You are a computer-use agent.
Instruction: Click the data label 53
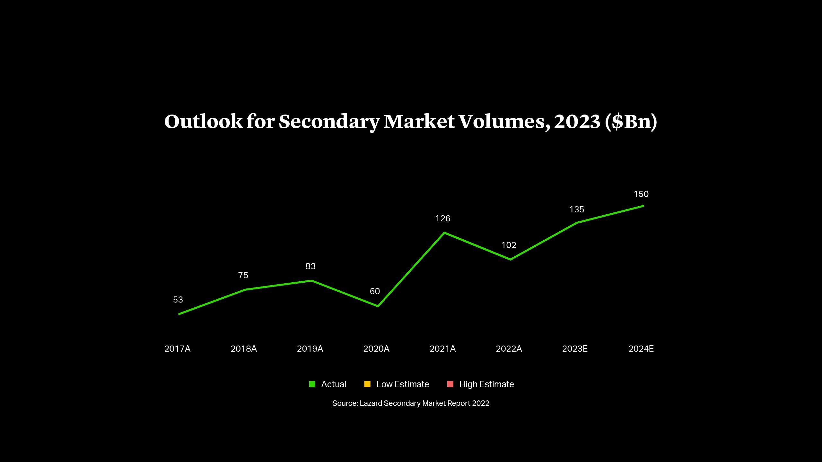[x=178, y=300]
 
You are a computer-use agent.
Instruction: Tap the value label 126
[x=442, y=218]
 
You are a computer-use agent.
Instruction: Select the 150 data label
[x=641, y=194]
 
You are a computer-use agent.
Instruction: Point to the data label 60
[x=375, y=291]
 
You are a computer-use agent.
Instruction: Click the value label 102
[x=509, y=245]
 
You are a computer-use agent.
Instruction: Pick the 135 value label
[x=576, y=210]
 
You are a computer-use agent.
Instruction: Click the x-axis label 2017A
[x=177, y=349]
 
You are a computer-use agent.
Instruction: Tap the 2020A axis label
[x=376, y=349]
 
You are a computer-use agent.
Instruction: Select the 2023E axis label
[x=575, y=349]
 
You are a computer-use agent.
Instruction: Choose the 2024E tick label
[x=641, y=349]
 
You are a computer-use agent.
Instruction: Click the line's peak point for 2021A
[x=444, y=233]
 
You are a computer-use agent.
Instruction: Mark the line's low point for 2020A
[x=378, y=306]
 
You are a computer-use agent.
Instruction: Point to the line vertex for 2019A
[x=312, y=281]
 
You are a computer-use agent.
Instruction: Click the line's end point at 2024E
[x=643, y=206]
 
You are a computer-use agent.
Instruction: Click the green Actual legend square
[x=312, y=384]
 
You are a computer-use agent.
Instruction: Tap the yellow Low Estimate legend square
[x=367, y=384]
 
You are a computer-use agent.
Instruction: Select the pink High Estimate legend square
[x=450, y=384]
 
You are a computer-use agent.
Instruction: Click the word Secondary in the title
[x=329, y=122]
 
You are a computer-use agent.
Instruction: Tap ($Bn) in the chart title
[x=631, y=122]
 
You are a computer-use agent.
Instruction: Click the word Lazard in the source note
[x=371, y=403]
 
